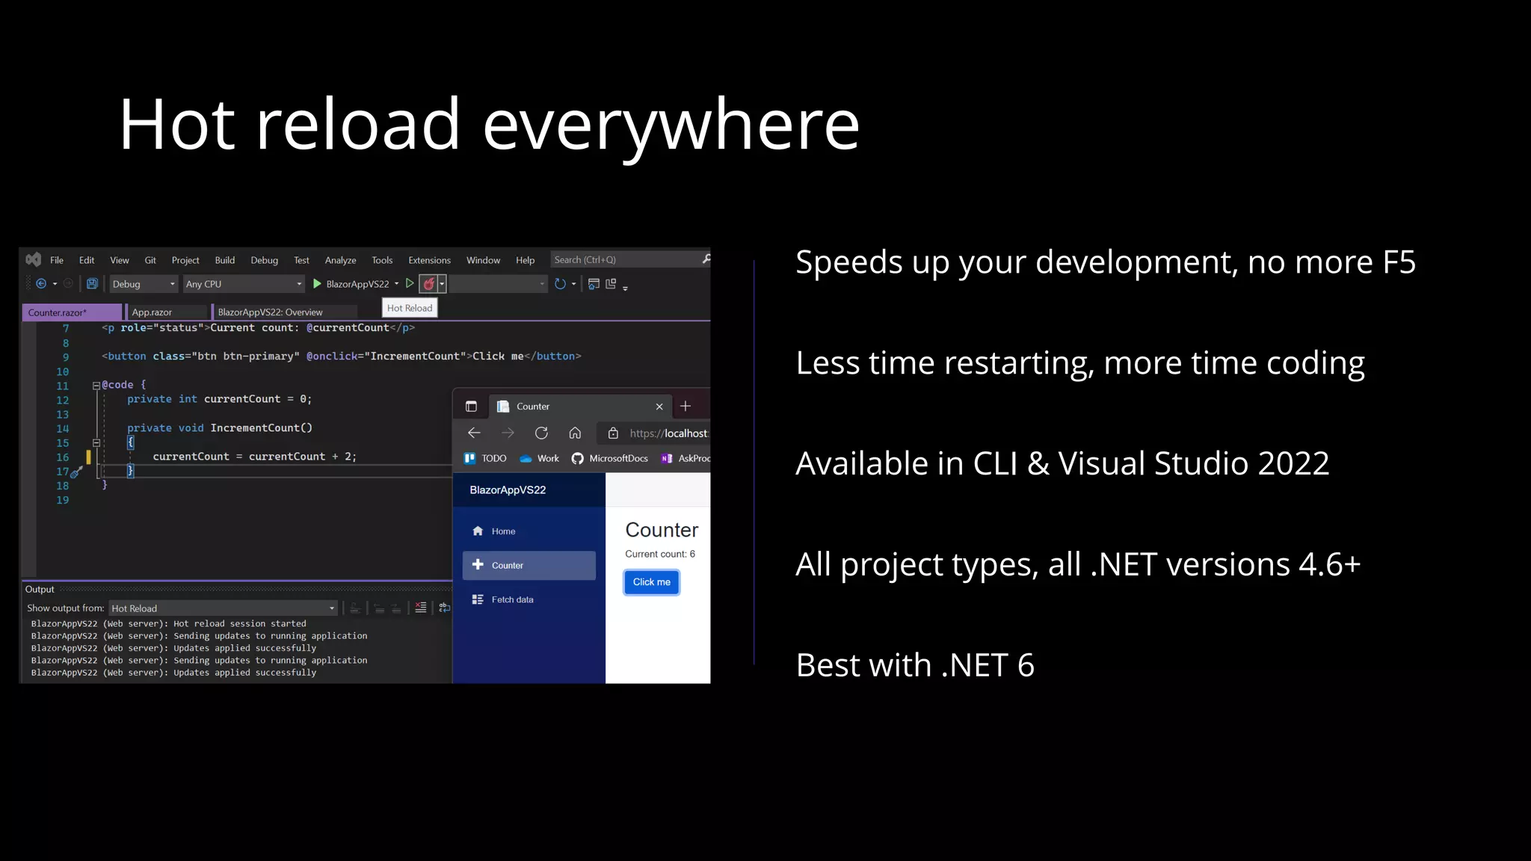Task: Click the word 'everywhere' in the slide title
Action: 671,125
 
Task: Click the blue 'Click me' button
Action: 651,582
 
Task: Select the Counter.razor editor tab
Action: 58,312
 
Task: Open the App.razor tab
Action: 152,312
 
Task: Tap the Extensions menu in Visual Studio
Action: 429,260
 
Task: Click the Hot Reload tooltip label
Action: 410,308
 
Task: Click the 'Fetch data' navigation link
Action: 512,599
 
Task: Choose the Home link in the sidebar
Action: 503,531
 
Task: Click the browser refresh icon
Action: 541,433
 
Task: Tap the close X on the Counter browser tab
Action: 659,407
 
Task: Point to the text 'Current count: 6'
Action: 660,554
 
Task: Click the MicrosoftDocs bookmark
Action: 617,458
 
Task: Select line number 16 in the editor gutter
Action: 63,457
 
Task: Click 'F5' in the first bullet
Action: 1399,262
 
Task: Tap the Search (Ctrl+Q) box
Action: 624,260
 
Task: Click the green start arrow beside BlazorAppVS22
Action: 317,284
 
